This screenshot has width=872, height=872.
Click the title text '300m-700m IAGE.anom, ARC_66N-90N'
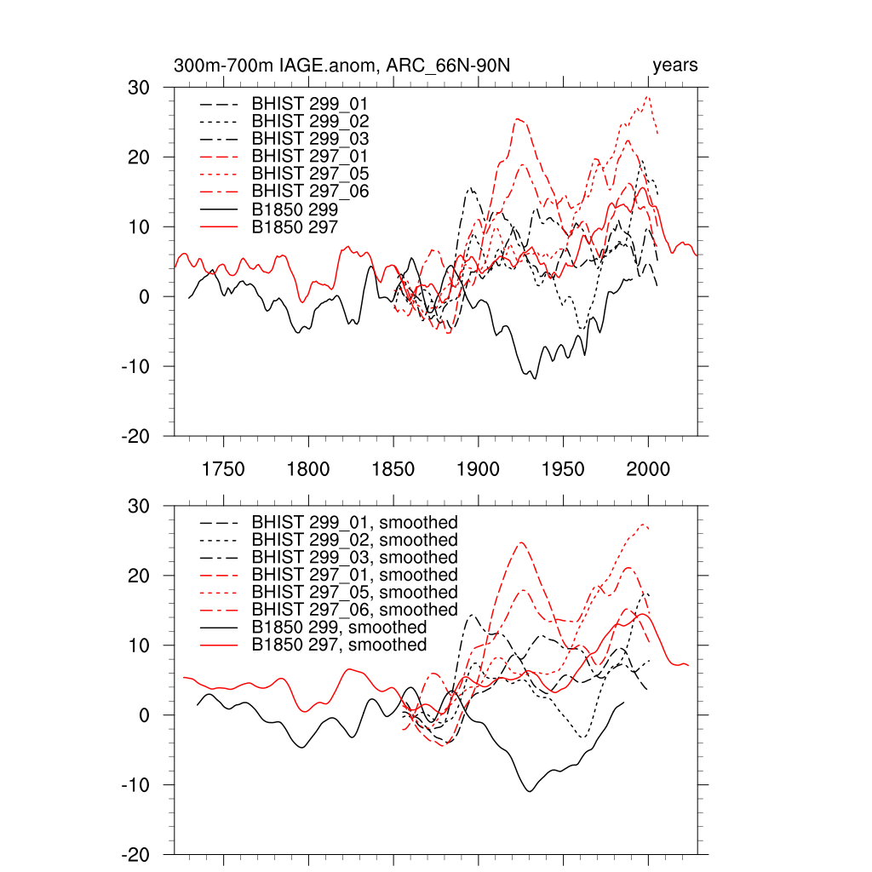341,66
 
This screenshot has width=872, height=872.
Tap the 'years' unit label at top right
675,66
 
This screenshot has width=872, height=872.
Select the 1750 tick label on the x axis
223,469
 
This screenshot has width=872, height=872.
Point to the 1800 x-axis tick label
308,469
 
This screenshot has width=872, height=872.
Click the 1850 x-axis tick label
393,469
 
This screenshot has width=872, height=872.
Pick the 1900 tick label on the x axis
479,469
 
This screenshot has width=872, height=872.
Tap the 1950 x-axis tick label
564,469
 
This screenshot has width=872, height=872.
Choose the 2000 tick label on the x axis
649,469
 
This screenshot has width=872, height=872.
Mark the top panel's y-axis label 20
138,158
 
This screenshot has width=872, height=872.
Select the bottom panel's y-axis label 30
138,507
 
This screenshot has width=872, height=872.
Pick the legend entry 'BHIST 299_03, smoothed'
354,557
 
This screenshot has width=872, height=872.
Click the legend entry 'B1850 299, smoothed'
339,628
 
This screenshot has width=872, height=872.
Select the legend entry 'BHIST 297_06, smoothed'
354,610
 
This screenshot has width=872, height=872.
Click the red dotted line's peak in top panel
648,96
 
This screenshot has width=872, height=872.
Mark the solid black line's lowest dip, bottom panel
530,791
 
